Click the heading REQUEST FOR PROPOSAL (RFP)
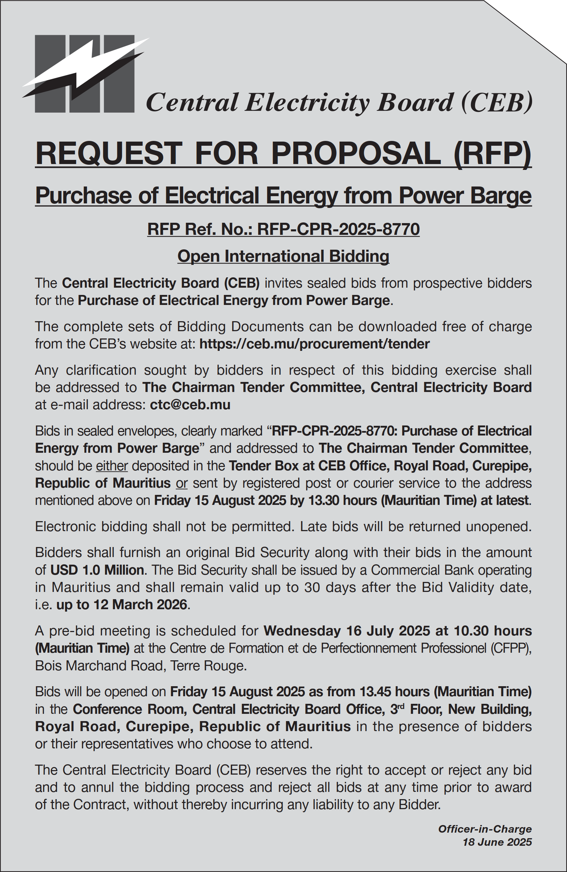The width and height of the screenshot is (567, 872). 283,154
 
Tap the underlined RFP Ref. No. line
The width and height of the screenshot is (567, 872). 283,229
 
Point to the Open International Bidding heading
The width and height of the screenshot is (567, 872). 283,256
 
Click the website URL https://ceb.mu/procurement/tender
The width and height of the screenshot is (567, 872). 314,344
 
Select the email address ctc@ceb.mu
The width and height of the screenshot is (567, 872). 190,405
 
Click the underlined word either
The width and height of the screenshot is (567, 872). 112,466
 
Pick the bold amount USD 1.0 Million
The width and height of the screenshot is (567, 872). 97,570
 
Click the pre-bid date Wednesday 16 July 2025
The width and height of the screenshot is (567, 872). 347,631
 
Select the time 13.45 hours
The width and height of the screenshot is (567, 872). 394,692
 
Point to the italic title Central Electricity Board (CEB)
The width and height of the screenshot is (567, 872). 339,102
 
